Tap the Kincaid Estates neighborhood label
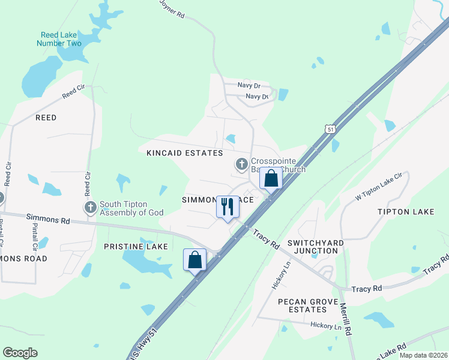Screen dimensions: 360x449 (x=185, y=153)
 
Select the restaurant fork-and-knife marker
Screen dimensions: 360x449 (x=228, y=207)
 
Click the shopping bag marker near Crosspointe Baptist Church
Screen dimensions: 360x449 (x=271, y=178)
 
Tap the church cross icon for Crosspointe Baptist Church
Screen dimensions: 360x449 (x=241, y=164)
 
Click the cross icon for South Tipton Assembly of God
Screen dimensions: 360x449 (x=91, y=208)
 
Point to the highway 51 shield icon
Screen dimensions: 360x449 (x=330, y=129)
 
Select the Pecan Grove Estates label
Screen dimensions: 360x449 (x=310, y=306)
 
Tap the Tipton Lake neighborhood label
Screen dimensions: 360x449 (x=406, y=212)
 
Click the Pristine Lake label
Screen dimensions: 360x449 (x=136, y=247)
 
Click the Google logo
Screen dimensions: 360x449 (x=20, y=353)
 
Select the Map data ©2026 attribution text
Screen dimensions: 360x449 (x=423, y=355)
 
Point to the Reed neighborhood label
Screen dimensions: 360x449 (x=46, y=118)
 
